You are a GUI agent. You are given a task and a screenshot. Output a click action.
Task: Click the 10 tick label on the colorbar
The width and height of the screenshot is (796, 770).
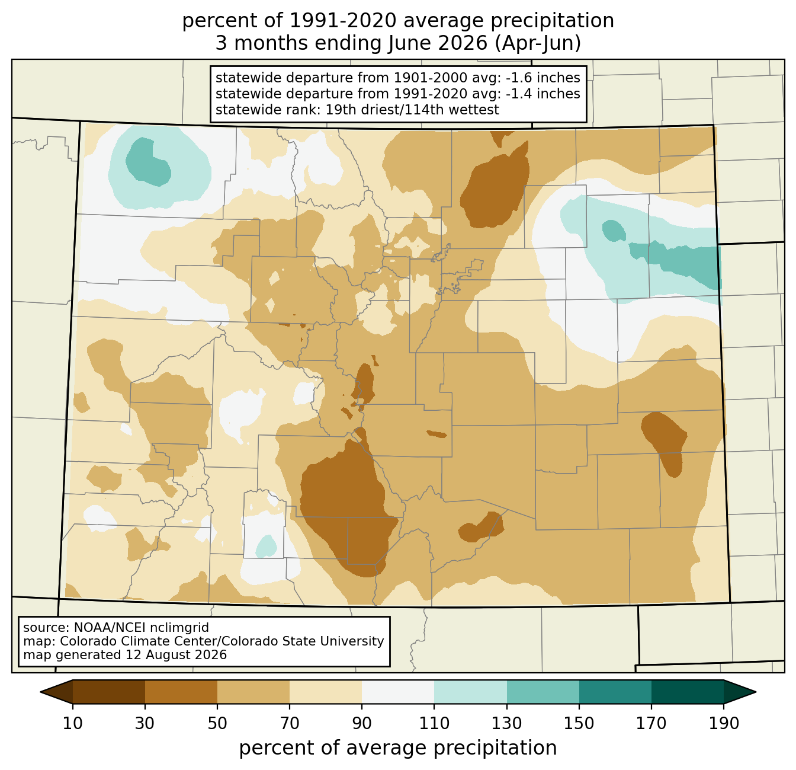tap(72, 723)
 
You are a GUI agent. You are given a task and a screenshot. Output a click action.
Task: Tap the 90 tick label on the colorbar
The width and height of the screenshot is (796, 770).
tap(362, 723)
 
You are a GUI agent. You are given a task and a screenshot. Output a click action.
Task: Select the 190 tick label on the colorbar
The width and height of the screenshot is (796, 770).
tap(723, 723)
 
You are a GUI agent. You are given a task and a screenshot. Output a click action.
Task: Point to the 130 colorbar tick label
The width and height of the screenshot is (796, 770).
tap(506, 723)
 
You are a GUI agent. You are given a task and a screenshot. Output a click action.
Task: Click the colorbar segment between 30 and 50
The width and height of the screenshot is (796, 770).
tap(181, 692)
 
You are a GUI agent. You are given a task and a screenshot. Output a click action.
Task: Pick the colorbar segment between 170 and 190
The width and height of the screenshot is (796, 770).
tap(687, 692)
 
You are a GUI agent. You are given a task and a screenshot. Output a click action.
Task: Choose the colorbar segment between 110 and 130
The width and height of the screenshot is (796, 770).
tap(470, 692)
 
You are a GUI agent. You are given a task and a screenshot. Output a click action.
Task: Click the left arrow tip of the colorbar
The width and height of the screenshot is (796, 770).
tap(40, 692)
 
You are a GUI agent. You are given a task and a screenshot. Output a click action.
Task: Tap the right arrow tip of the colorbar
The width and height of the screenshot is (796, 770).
tap(756, 692)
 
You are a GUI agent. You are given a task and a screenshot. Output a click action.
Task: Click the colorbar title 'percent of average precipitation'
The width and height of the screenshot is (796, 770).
tap(397, 748)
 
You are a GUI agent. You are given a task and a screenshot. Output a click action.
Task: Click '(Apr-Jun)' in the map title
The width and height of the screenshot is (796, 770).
tap(538, 43)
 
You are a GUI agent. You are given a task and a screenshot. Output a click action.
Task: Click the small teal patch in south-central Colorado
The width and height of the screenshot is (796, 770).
tap(267, 546)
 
